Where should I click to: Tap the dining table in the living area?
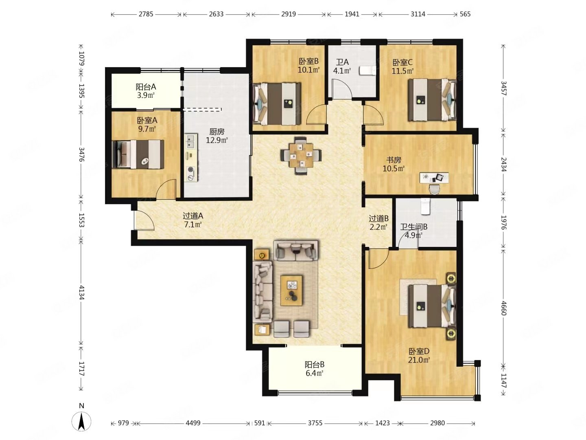301,155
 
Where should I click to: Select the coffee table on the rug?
291,290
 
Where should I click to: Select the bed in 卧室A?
138,154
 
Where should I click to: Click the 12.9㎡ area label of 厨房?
216,140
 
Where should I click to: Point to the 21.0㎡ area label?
419,360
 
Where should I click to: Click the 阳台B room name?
315,364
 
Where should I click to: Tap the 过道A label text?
193,216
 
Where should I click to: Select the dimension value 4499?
193,423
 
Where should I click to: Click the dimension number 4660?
503,308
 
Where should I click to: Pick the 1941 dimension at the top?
352,14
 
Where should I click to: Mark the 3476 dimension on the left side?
81,154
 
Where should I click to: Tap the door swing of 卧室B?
316,114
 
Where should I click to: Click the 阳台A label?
146,87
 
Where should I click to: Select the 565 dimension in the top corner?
465,14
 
